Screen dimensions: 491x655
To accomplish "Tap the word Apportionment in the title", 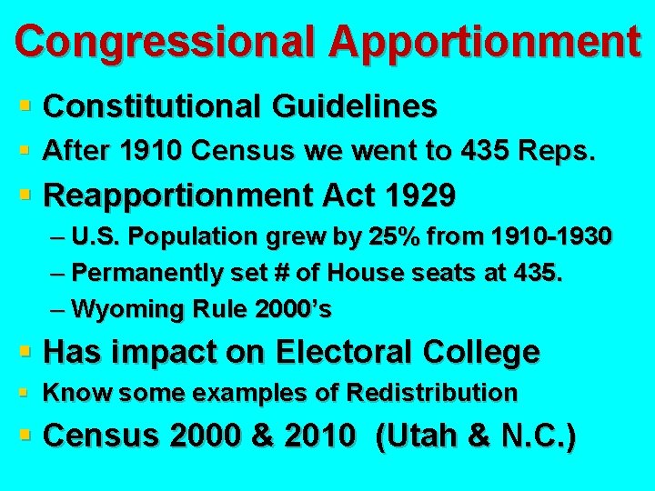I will [484, 41].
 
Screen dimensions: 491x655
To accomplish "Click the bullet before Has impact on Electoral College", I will [28, 351].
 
